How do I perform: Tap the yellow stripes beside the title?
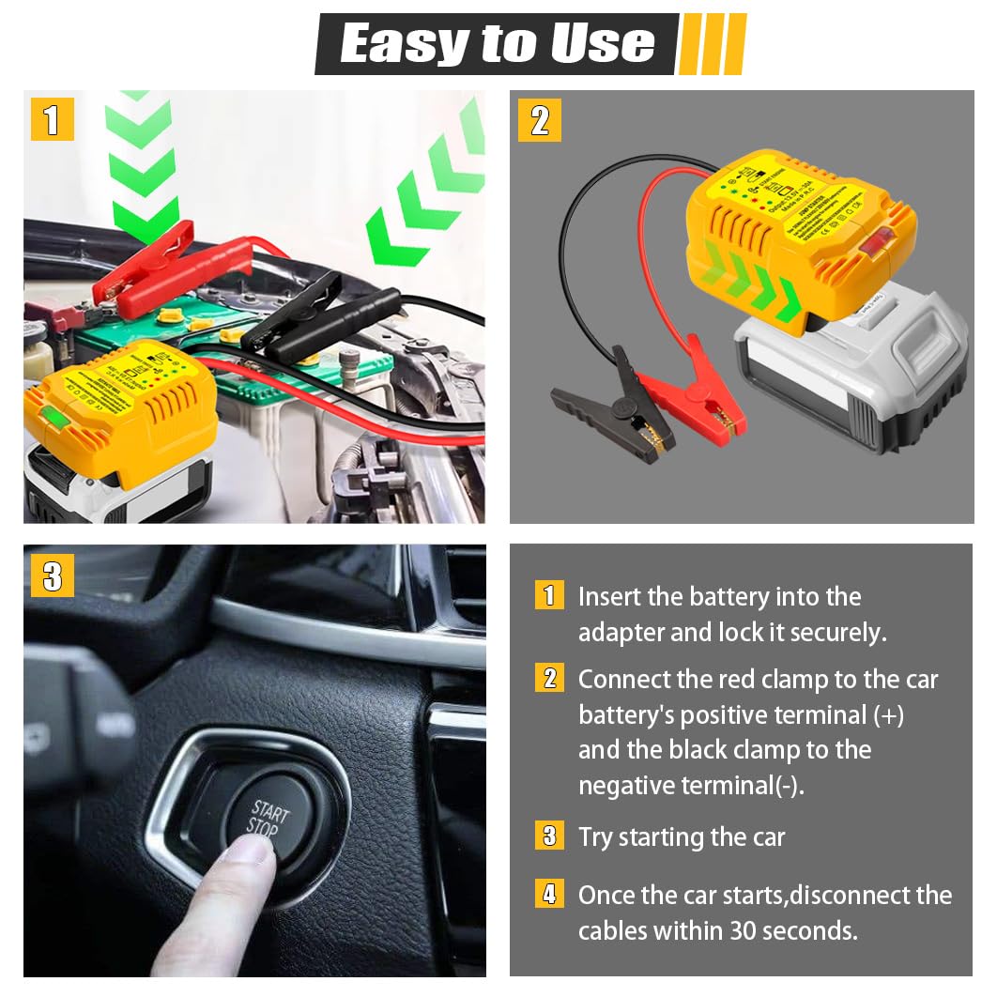tap(712, 43)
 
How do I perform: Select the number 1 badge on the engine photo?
tap(52, 119)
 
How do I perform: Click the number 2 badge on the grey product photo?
tap(539, 120)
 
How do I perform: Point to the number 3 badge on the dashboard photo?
tap(52, 575)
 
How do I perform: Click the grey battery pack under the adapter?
tap(850, 376)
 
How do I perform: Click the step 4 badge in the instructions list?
tap(549, 894)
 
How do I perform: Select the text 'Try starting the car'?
tap(682, 836)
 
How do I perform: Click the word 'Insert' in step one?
tap(610, 596)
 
